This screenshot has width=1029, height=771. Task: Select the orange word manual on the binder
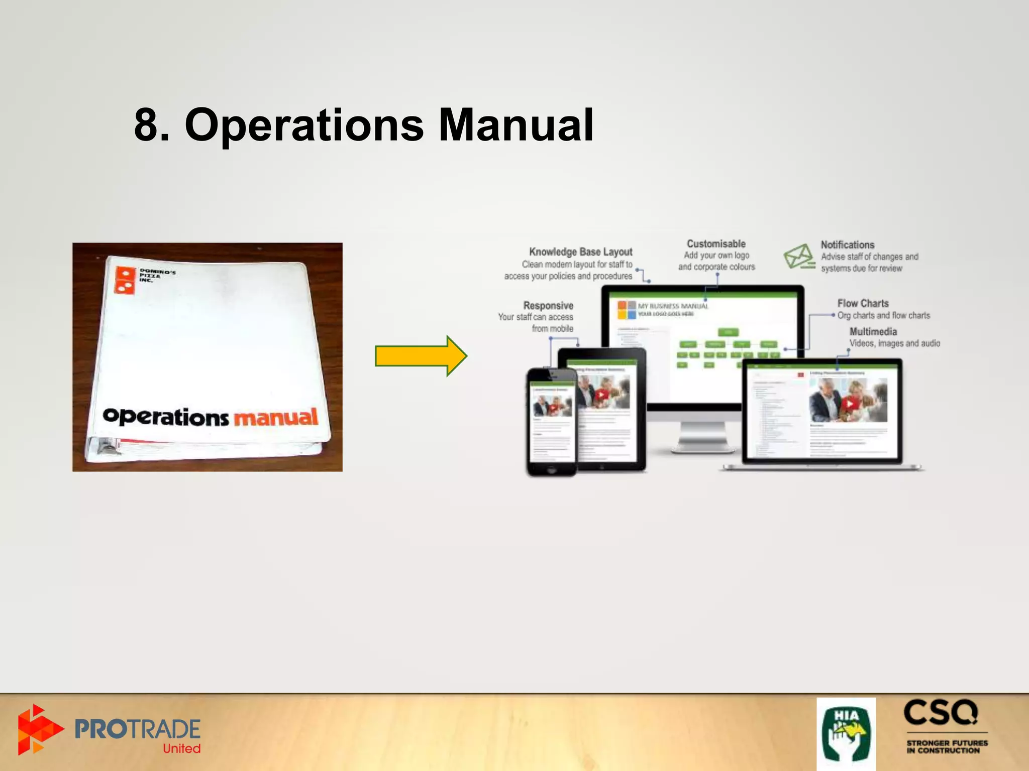pos(276,417)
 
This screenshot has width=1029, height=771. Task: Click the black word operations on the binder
pos(165,417)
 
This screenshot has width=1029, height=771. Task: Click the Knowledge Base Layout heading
pos(580,251)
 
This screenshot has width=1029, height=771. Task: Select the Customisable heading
pos(716,244)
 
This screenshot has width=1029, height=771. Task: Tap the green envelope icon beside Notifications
pos(798,256)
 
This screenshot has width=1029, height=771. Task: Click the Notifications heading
pos(848,244)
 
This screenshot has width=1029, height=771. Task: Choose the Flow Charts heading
pos(863,303)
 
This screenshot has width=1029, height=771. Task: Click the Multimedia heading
pos(873,331)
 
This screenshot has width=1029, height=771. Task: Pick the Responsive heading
pos(548,305)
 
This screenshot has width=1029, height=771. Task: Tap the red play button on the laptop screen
pos(850,403)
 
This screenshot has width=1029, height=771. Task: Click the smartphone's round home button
pos(552,471)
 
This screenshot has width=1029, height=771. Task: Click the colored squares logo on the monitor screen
pos(627,310)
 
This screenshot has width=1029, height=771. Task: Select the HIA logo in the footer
pos(846,733)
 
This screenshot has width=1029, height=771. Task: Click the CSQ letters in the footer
pos(941,713)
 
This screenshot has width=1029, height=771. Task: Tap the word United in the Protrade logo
pos(181,748)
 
